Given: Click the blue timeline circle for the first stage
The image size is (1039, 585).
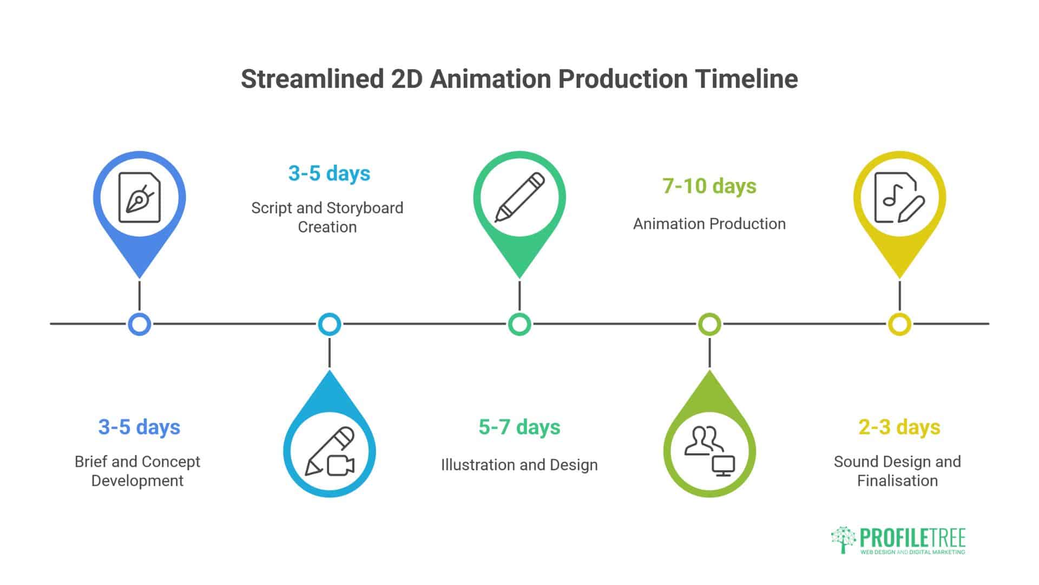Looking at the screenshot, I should (x=140, y=324).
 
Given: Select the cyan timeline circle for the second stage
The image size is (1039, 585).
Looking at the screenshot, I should (x=330, y=324).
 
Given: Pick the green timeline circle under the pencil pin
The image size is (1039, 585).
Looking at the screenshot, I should (x=519, y=324).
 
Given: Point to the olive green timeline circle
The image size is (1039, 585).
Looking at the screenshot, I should (x=709, y=324).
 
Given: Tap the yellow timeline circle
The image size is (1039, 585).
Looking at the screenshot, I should (x=899, y=324).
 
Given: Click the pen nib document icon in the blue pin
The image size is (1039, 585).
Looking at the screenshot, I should (x=140, y=198).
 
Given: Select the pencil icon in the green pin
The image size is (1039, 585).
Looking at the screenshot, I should (x=519, y=198).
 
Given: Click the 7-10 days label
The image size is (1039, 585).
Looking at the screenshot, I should (x=709, y=186).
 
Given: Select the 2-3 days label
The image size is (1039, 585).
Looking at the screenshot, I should (x=899, y=427).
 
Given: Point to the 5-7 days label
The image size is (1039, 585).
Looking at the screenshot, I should (x=519, y=427).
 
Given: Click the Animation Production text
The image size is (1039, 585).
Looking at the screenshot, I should (x=709, y=224).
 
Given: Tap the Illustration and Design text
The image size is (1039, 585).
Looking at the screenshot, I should (x=519, y=465).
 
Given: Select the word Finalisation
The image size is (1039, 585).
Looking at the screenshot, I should (x=897, y=480).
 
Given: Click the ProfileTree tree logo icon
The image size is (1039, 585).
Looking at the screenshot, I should (x=843, y=539).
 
